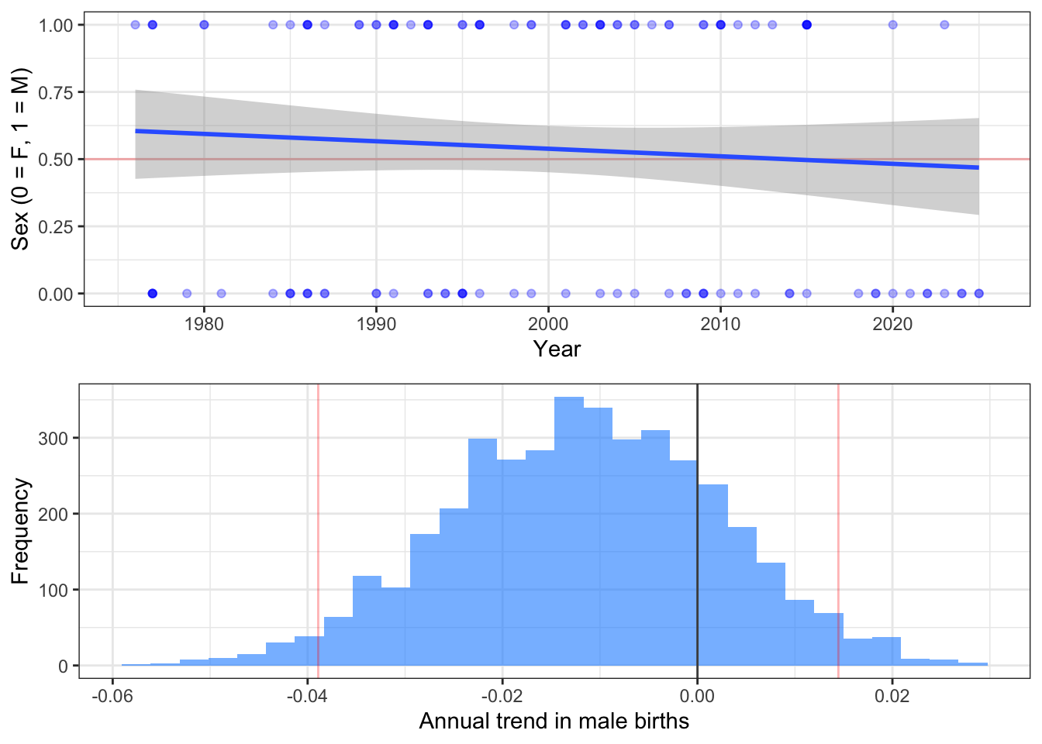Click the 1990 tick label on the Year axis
tap(376, 324)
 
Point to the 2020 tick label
tap(892, 324)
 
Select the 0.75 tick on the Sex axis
tap(56, 92)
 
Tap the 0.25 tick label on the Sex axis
tap(56, 226)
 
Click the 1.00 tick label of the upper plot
tap(56, 26)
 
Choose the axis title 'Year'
tap(557, 350)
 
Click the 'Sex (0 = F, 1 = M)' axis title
tap(20, 159)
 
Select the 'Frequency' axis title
tap(20, 531)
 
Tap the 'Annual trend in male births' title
tap(554, 722)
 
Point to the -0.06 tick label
tap(112, 696)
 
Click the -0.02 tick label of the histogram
tap(502, 696)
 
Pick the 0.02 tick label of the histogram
tap(892, 696)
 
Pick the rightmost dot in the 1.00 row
tap(944, 25)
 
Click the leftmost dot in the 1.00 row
tap(136, 25)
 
